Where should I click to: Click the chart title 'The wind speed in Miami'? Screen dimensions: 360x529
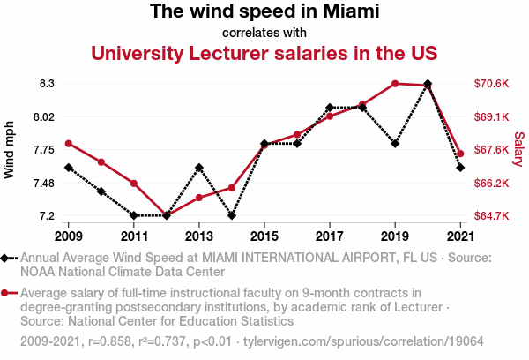264,12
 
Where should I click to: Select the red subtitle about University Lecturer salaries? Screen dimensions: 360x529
264,53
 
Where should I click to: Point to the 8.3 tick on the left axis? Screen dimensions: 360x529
47,84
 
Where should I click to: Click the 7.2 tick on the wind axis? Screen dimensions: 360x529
47,216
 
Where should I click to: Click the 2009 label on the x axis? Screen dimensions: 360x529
69,236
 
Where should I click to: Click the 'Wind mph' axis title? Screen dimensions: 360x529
10,150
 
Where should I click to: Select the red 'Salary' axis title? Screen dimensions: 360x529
519,150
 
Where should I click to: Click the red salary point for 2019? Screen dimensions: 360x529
395,84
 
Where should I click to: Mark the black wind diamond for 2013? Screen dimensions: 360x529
199,168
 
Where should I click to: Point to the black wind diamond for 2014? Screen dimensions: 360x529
232,215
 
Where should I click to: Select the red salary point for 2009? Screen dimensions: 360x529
69,144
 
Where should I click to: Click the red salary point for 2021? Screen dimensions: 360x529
460,154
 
